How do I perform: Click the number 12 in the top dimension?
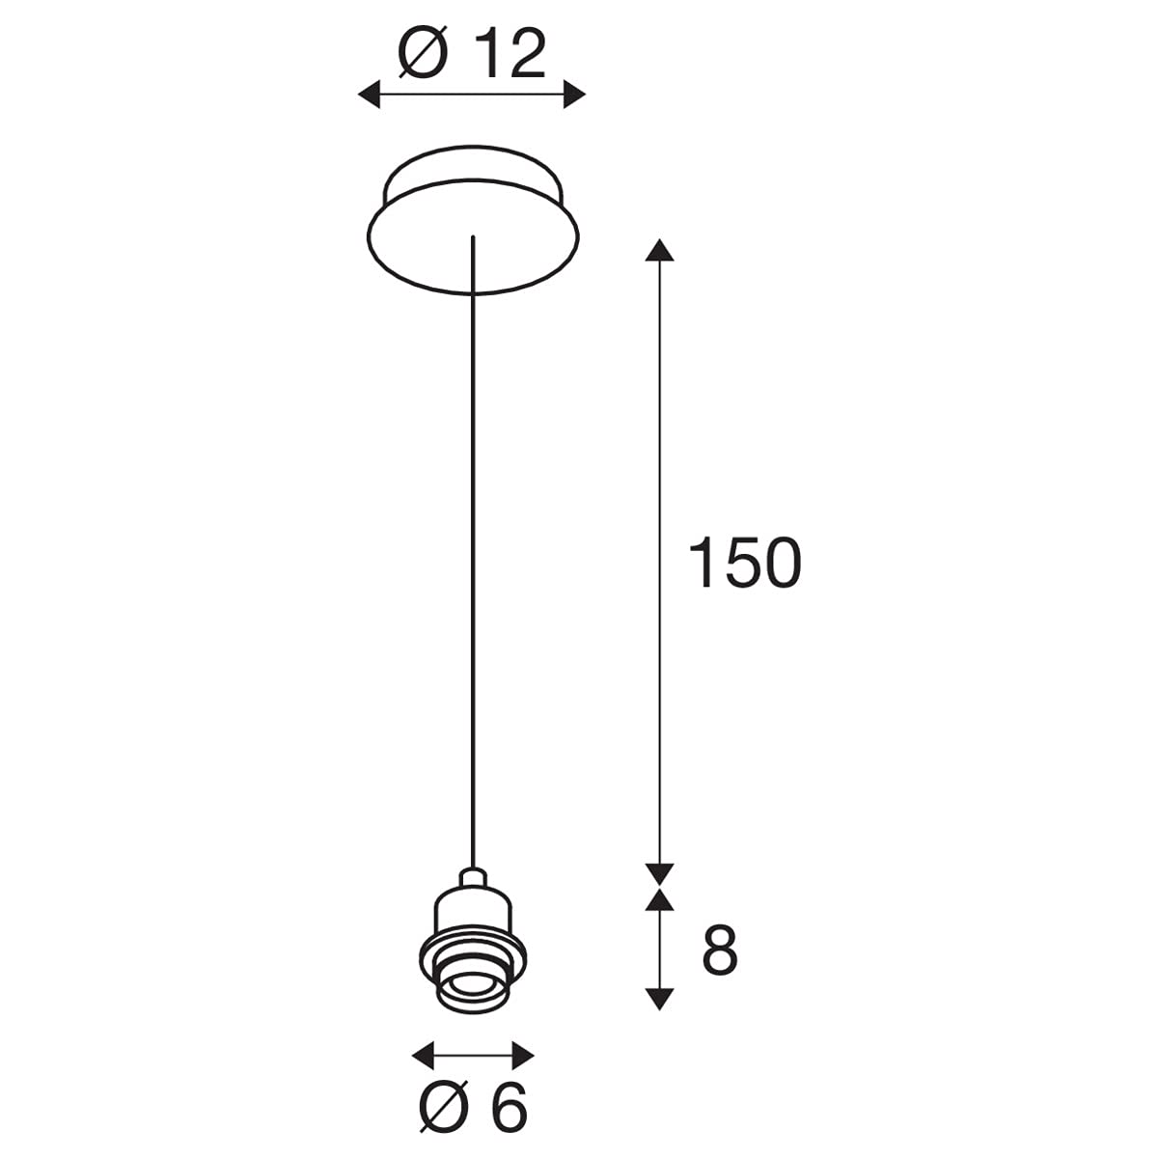tap(510, 55)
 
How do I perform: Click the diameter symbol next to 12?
tap(423, 55)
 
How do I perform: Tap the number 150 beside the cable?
tap(744, 563)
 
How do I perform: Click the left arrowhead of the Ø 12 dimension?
tap(369, 95)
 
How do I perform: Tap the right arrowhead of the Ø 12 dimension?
tap(574, 95)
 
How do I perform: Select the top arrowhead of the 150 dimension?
tap(659, 249)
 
